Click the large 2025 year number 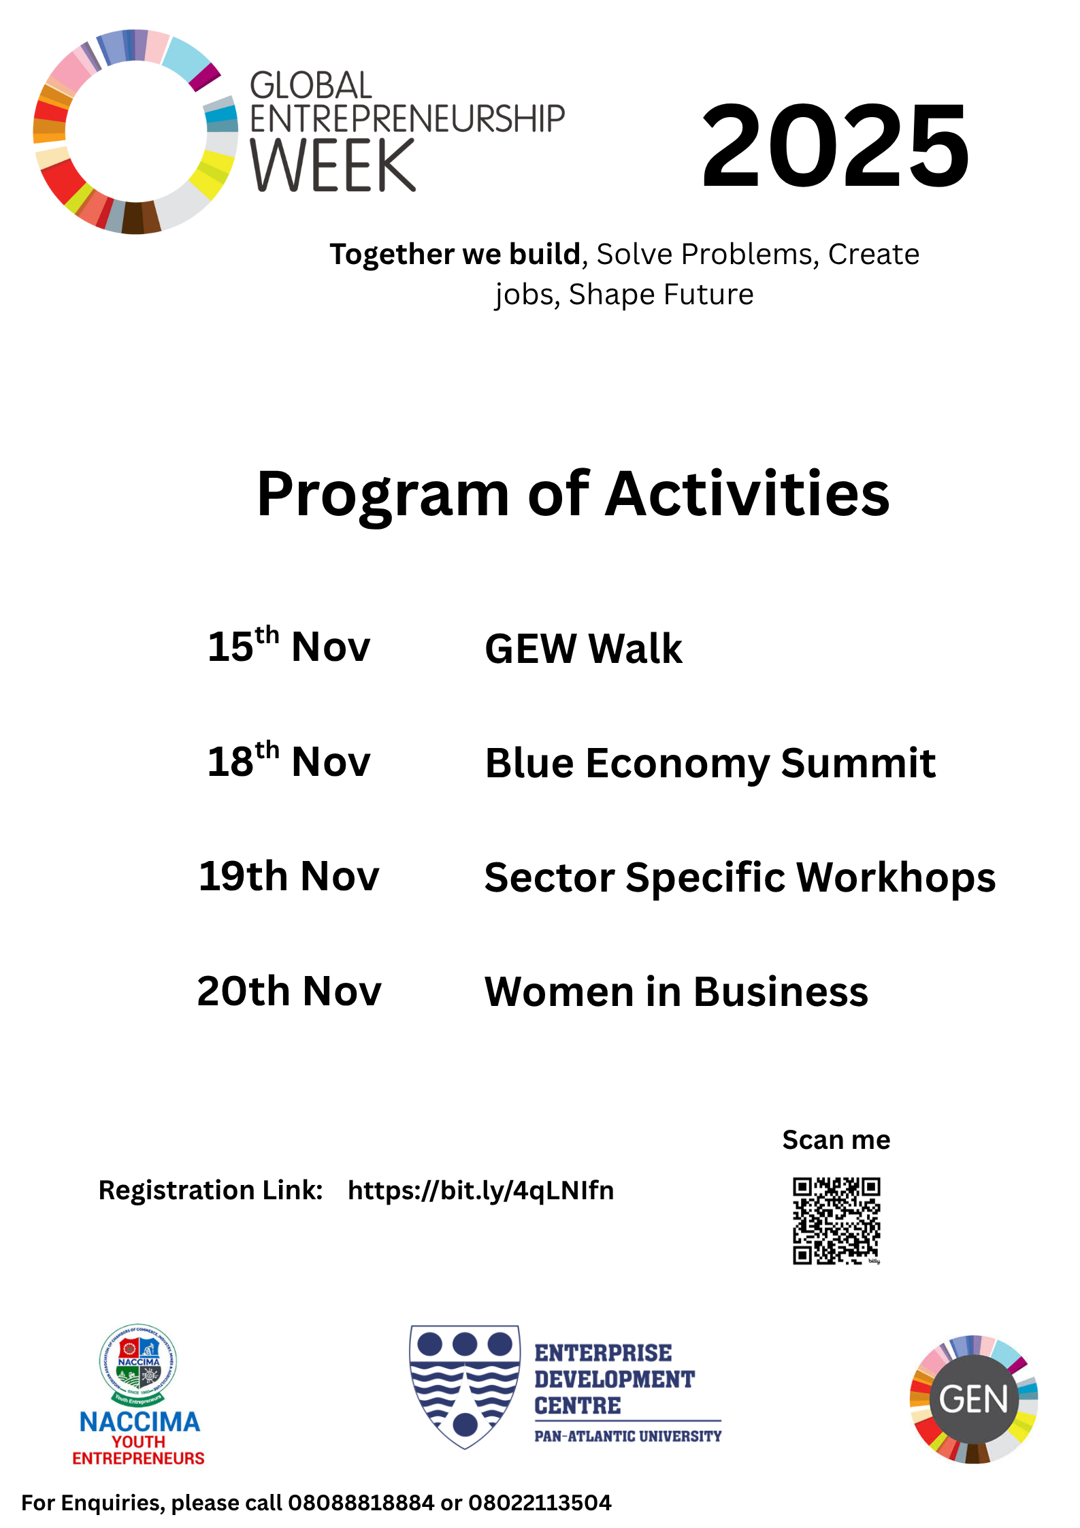(x=835, y=145)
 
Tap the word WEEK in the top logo (x=333, y=165)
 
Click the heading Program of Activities (x=573, y=495)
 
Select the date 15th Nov (x=289, y=645)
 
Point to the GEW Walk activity (x=583, y=648)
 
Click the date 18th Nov (x=289, y=760)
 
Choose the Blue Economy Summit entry (x=710, y=764)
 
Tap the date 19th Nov (x=289, y=875)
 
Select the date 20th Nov (x=289, y=990)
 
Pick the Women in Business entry (x=676, y=992)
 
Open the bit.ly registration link (x=480, y=1191)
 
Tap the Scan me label (x=836, y=1140)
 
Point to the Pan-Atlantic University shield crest (x=465, y=1386)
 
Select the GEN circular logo (x=974, y=1399)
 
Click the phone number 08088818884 (x=361, y=1503)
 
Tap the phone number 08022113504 (x=540, y=1503)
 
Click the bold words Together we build (x=455, y=255)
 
